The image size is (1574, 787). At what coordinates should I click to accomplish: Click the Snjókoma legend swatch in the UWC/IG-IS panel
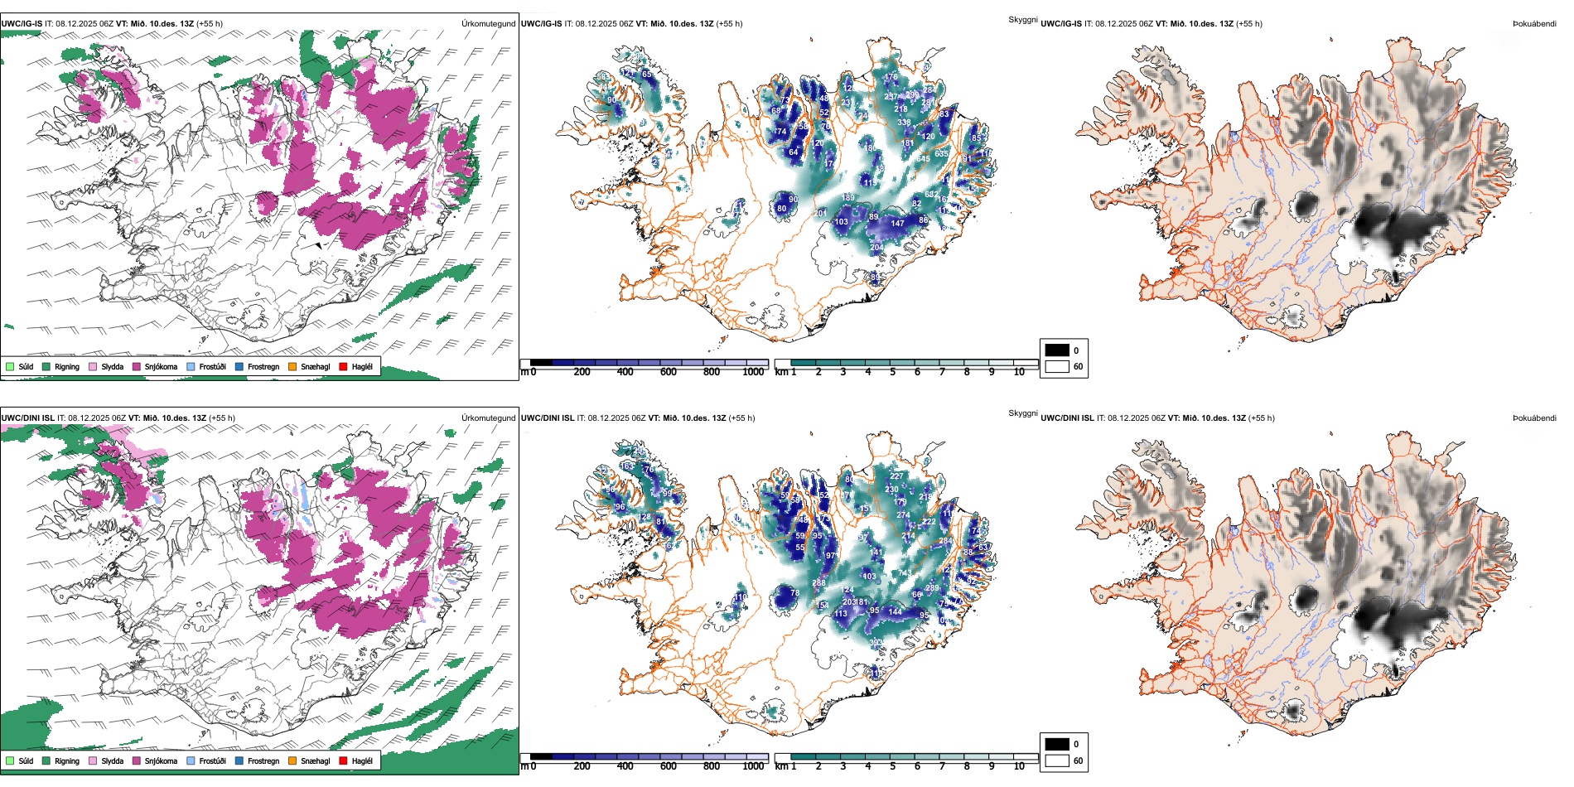(137, 366)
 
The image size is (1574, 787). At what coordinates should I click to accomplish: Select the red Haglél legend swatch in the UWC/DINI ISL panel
(343, 760)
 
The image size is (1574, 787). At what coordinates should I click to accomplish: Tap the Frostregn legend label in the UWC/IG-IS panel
(263, 366)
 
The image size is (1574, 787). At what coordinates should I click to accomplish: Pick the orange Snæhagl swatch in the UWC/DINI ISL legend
(292, 760)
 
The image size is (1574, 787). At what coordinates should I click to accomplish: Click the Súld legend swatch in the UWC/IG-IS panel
(10, 366)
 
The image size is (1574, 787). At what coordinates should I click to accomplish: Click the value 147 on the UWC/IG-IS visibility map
(898, 223)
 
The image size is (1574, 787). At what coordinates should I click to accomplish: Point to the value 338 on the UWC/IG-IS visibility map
(904, 123)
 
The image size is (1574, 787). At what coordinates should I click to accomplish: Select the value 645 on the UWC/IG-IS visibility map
(923, 159)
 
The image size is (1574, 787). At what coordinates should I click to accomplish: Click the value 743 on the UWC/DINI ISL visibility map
(905, 573)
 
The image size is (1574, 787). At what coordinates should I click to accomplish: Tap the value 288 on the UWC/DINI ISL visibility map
(818, 583)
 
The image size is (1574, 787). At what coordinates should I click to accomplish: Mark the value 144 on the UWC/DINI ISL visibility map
(895, 612)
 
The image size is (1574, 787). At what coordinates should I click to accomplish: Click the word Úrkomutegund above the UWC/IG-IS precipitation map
(488, 24)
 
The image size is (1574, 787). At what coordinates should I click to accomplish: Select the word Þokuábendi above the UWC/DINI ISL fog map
(1534, 418)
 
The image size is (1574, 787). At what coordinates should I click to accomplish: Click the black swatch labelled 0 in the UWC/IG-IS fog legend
(1057, 350)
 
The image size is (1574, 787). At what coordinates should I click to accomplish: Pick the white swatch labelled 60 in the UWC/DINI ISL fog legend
(1057, 760)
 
